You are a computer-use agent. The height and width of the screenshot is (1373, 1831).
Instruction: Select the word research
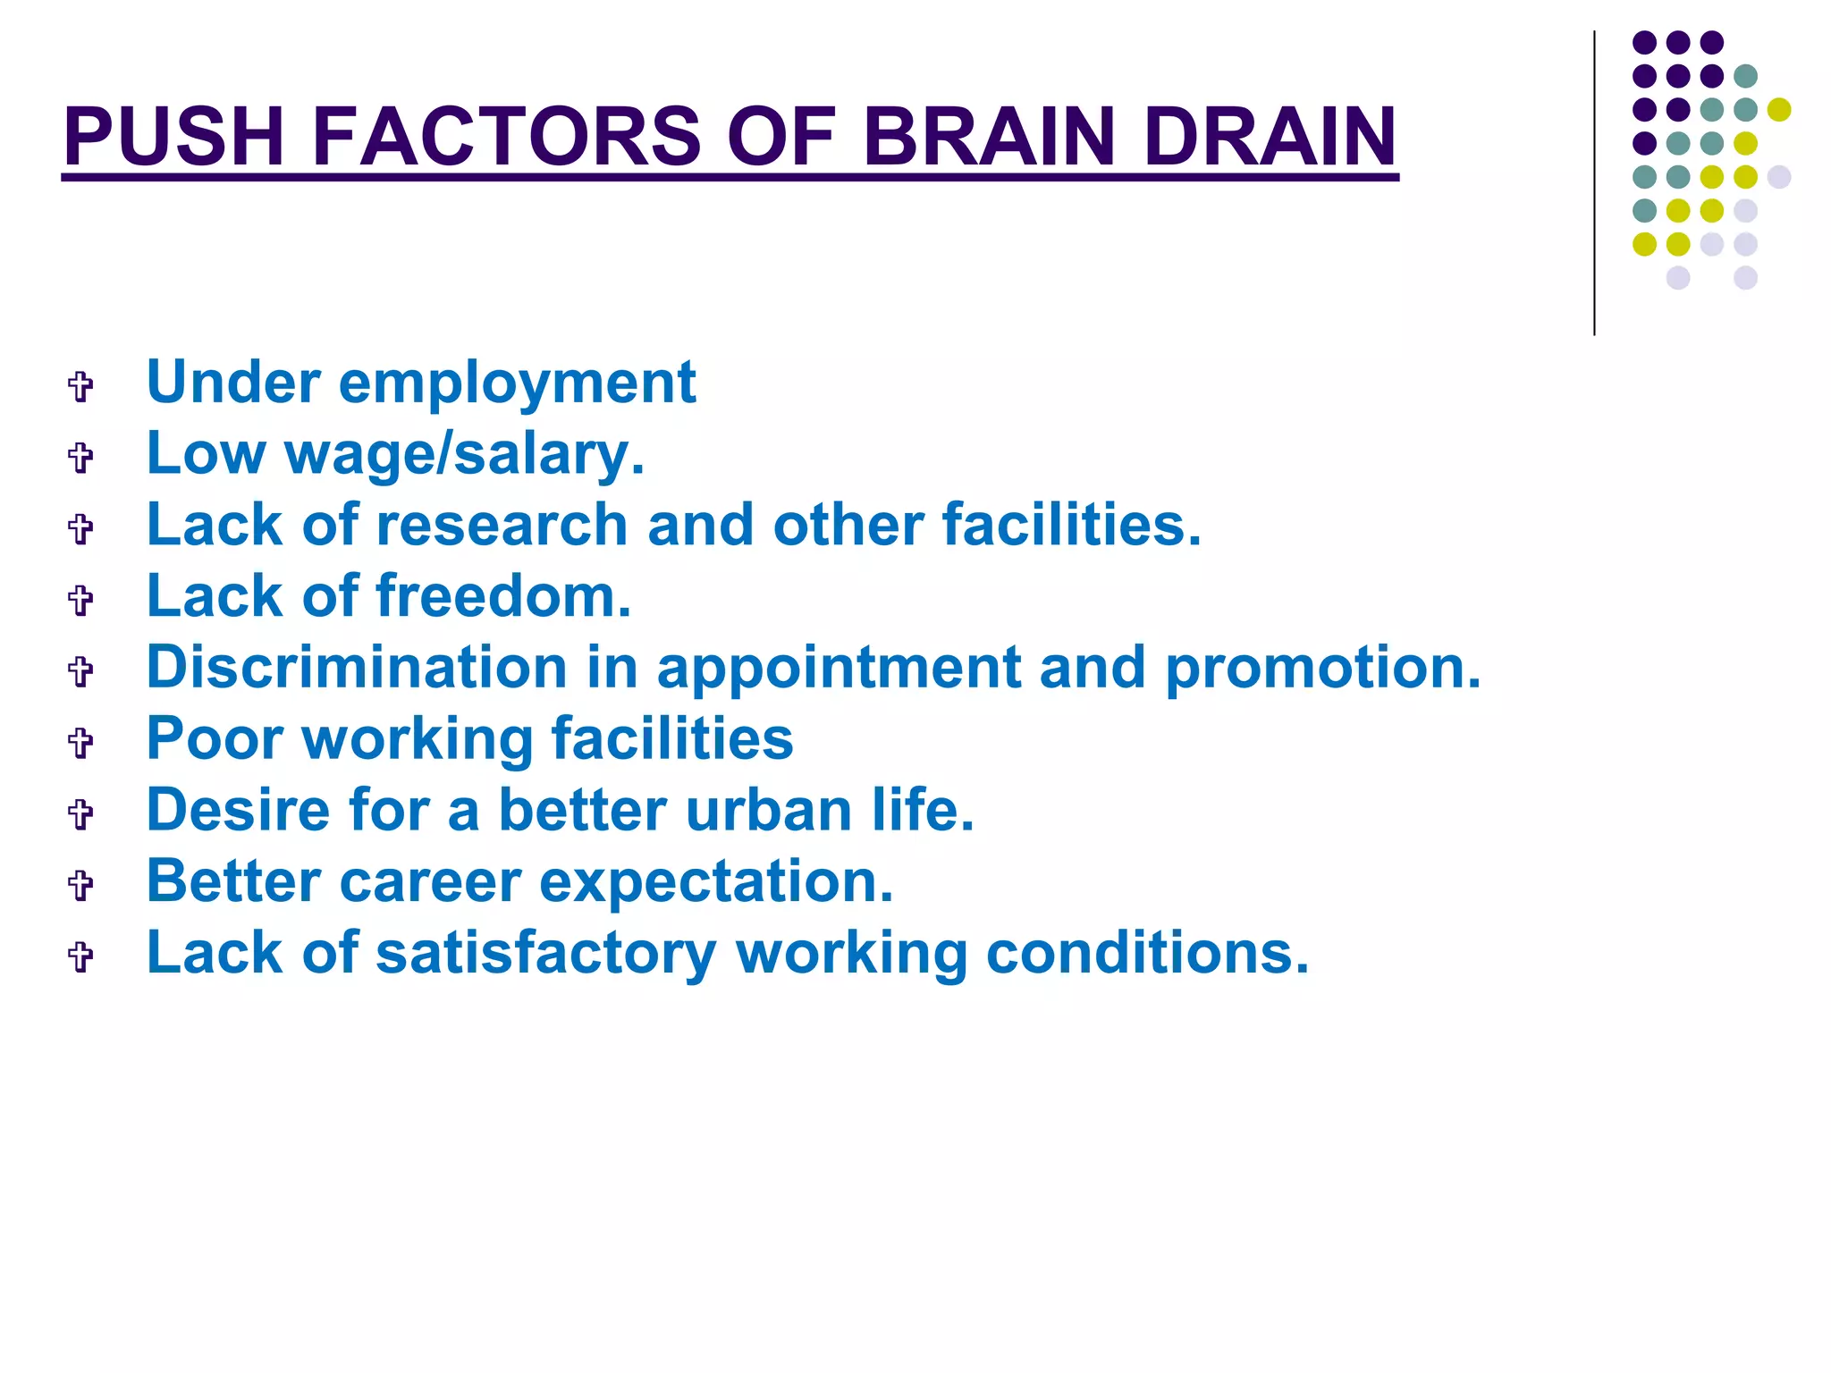502,525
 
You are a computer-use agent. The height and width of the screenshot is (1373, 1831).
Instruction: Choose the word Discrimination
357,668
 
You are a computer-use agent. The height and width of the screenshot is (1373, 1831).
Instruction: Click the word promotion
1322,670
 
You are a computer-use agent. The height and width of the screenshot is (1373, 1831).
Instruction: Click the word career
430,882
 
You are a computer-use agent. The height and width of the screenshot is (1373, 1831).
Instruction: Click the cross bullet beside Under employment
80,386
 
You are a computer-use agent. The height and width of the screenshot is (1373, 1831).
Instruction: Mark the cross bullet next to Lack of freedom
80,599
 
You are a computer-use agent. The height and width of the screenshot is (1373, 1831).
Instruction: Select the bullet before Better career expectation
80,885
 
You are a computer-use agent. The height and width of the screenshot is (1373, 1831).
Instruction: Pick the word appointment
838,670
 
